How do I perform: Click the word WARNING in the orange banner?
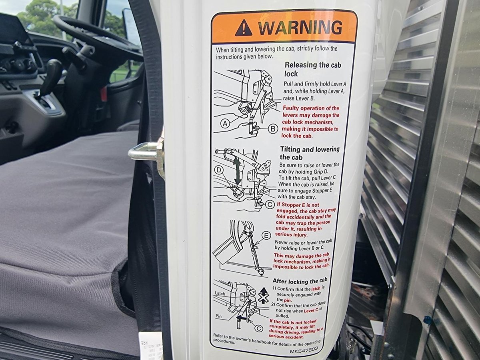click(x=300, y=28)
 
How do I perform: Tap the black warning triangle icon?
click(x=244, y=28)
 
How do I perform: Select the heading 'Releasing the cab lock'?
click(x=313, y=69)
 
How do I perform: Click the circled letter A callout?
click(x=225, y=124)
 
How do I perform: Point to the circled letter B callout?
click(x=273, y=129)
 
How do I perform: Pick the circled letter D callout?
click(x=219, y=170)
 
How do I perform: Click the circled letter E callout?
click(x=266, y=236)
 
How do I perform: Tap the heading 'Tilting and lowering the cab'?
click(x=310, y=153)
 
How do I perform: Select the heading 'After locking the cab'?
click(x=300, y=280)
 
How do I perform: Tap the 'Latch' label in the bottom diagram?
click(x=220, y=294)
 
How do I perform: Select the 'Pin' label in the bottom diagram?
click(x=218, y=316)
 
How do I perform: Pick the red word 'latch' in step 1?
click(x=316, y=289)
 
